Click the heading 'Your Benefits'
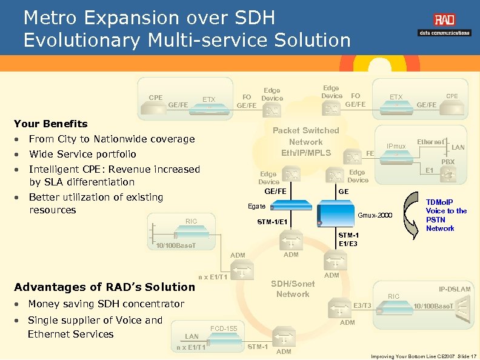50,124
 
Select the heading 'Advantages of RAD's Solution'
104,287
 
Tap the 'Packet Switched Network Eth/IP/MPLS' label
305,142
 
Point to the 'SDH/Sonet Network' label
293,289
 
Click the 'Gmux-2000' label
376,216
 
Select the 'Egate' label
256,207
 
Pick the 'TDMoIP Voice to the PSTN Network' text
446,215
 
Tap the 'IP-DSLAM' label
455,290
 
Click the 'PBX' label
447,162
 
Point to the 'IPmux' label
396,147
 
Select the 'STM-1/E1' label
273,221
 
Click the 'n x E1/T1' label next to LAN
191,347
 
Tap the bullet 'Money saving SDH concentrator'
106,304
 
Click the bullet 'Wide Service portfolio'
82,154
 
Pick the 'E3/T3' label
362,305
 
